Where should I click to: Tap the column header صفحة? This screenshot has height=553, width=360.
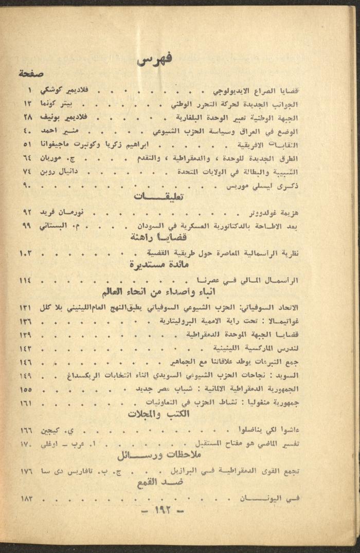point(31,73)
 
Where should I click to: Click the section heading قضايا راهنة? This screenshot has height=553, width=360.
point(160,238)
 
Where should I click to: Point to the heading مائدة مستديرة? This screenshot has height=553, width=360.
point(159,265)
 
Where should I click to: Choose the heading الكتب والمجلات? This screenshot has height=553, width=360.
point(159,413)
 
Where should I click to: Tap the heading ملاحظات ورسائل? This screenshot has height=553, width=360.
point(159,456)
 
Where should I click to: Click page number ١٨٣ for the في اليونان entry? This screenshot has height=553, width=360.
point(27,497)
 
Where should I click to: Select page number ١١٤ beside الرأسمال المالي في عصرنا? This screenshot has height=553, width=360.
point(26,280)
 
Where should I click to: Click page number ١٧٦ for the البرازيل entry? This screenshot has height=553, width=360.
point(27,470)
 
